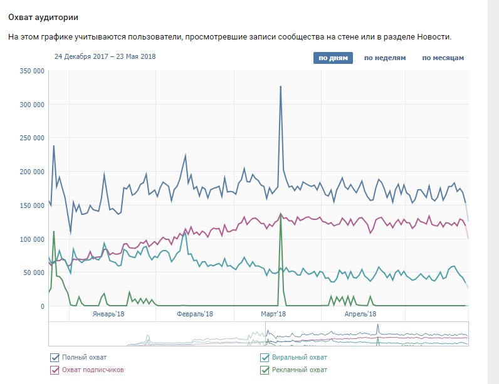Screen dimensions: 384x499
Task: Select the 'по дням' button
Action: coord(334,58)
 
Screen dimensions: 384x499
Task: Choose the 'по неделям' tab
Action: coord(385,58)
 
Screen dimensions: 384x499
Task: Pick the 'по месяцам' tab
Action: coord(443,58)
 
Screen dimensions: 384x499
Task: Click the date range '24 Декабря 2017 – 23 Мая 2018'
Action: coord(105,56)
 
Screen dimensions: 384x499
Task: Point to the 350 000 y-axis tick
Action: coord(31,71)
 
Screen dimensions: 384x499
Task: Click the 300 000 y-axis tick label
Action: coord(31,105)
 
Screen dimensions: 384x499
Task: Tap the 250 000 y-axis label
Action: coord(31,138)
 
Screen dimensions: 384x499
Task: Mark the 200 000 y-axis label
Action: coord(31,172)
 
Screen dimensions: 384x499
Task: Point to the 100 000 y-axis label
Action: coord(31,239)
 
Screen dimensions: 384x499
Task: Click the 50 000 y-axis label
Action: coord(33,272)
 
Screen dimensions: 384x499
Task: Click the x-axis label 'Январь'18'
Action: coord(108,314)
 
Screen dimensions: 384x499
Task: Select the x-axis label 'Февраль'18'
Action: coord(195,314)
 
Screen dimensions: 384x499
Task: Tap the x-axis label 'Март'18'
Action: coord(273,314)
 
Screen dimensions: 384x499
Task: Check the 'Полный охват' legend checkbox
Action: coord(55,358)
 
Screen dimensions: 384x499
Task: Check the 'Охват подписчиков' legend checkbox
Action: coord(55,370)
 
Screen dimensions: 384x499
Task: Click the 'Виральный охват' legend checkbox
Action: coord(265,358)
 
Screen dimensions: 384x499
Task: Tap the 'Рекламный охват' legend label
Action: coord(300,370)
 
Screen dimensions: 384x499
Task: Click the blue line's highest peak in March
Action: coord(280,86)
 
